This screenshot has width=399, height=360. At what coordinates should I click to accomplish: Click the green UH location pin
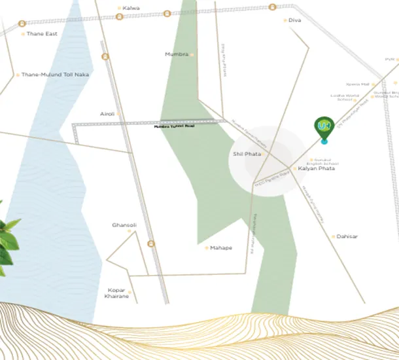323,127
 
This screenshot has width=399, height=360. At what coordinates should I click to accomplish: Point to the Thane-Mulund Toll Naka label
55,75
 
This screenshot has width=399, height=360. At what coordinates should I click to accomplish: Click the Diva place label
295,20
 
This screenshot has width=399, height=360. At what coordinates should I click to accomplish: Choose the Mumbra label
177,54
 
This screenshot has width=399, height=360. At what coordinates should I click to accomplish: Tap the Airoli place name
107,114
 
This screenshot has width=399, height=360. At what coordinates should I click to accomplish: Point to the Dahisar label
348,236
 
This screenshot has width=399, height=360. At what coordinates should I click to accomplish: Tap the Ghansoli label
124,225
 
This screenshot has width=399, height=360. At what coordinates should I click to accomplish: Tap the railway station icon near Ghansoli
152,244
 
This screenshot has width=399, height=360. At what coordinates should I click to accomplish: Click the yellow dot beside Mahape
206,248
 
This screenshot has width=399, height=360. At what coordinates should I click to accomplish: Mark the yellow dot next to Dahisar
334,236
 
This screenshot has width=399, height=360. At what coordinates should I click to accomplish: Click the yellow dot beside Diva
285,20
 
